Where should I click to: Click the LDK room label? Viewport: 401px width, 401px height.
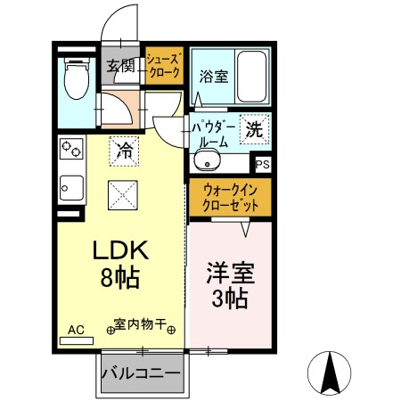[119, 251]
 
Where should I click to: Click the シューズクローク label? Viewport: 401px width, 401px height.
[165, 65]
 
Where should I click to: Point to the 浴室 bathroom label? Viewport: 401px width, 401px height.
[214, 76]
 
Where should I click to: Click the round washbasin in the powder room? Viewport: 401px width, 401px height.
[206, 163]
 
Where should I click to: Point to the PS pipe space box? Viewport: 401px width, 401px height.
[262, 165]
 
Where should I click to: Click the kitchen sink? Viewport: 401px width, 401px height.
[70, 187]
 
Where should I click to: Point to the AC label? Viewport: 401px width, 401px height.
[76, 331]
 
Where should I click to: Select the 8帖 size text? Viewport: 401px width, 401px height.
[119, 278]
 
